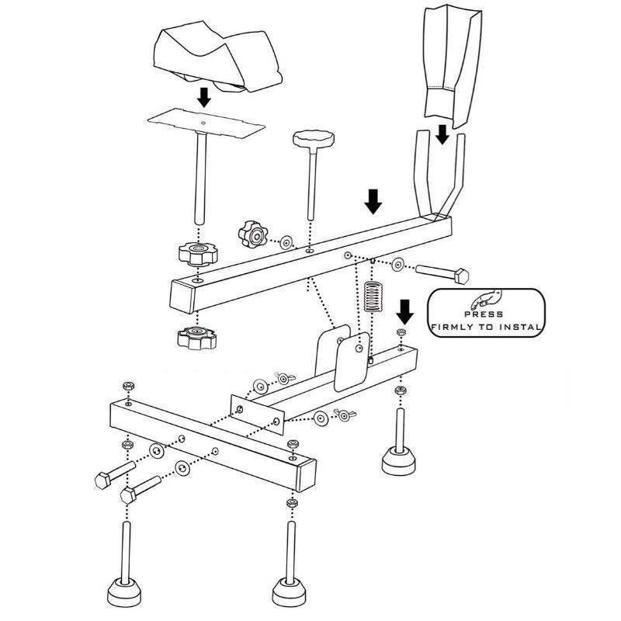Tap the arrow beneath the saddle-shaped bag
pyautogui.click(x=204, y=97)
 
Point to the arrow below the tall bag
pyautogui.click(x=442, y=134)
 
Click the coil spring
pyautogui.click(x=374, y=296)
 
